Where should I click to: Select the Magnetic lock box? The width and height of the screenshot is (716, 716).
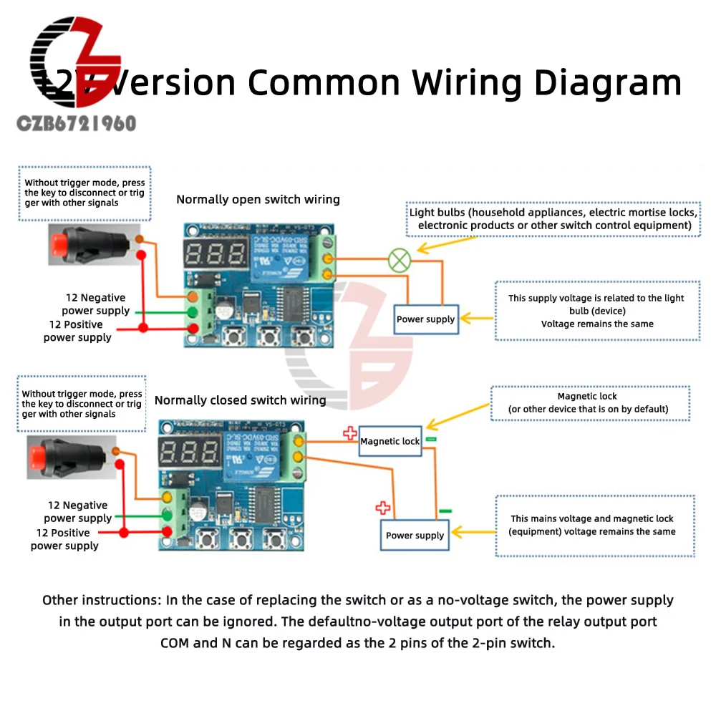click(x=390, y=441)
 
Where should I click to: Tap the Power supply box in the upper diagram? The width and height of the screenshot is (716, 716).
click(x=425, y=319)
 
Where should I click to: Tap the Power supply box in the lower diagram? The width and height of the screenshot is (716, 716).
click(x=415, y=535)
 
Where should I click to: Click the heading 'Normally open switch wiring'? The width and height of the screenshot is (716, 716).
click(x=258, y=200)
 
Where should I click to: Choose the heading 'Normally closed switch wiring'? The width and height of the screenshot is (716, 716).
click(x=240, y=400)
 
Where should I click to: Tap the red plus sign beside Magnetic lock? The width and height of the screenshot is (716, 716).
click(x=349, y=432)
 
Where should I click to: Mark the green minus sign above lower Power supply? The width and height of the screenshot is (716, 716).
click(x=445, y=511)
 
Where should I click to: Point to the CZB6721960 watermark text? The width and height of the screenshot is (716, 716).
click(x=76, y=123)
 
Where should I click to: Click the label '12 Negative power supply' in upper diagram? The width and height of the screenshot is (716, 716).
click(x=95, y=304)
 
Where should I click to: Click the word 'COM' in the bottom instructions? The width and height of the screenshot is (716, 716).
click(x=175, y=642)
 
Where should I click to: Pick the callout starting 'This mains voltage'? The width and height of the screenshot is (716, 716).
click(x=592, y=525)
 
